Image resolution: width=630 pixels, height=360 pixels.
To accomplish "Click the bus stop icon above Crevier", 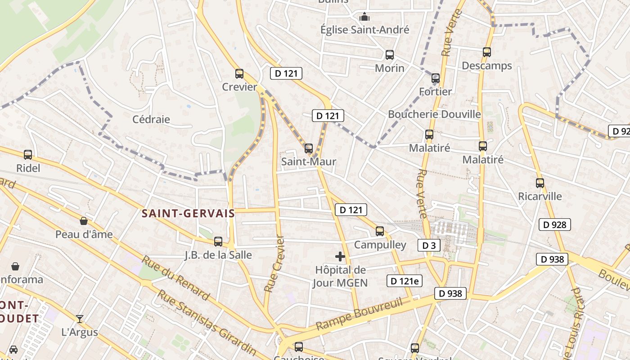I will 239,74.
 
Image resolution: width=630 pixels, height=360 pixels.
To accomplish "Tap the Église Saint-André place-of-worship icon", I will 364,17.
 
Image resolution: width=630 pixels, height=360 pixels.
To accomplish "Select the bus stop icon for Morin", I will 390,55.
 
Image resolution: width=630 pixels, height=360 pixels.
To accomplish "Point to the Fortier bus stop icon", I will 436,78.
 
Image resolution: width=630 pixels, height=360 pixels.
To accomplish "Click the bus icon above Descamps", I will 487,52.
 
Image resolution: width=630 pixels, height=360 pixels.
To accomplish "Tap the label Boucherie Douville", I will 434,114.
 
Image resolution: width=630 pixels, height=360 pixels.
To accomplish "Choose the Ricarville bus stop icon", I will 540,183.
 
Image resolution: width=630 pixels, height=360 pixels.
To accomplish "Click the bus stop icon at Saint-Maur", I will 309,148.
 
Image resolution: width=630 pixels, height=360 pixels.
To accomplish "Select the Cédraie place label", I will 151,119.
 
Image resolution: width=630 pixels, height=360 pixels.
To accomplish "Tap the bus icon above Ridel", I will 28,155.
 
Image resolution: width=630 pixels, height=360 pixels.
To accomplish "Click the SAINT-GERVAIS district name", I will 188,213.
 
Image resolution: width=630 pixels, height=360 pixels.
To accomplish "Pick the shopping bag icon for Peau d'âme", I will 84,221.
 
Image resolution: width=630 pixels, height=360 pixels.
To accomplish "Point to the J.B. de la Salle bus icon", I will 218,242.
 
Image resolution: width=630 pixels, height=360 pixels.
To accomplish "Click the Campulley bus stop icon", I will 380,231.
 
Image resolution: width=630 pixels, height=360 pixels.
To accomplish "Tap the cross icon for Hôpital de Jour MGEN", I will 340,256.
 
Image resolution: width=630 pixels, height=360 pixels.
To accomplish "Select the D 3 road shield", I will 429,245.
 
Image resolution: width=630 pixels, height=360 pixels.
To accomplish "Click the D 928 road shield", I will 555,225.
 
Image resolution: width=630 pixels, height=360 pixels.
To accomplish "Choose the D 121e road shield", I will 404,281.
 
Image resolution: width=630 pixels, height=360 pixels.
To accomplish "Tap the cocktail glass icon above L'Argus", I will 80,319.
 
